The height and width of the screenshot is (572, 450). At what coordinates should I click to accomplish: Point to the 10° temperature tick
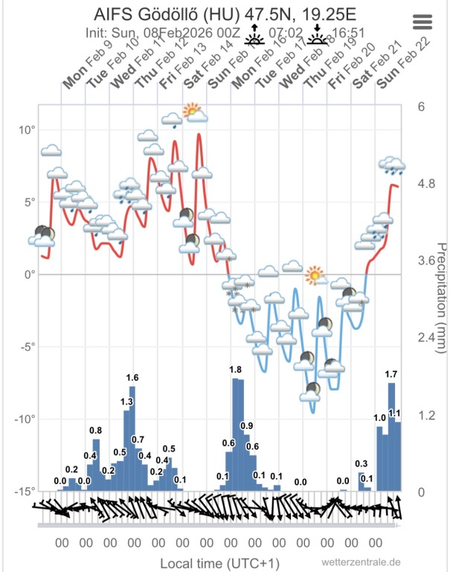click(27, 130)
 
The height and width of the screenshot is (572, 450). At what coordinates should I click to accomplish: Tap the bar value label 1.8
click(235, 370)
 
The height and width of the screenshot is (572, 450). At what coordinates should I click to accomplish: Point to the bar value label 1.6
click(132, 378)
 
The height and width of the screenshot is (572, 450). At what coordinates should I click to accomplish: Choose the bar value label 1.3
click(126, 402)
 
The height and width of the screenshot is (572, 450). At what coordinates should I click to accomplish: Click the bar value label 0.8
click(95, 430)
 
